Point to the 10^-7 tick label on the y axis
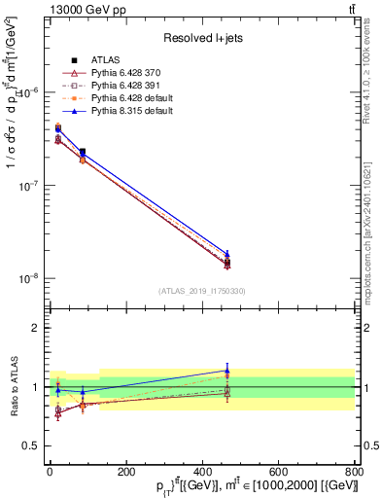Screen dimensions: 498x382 (x=28, y=185)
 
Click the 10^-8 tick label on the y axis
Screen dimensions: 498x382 (x=28, y=278)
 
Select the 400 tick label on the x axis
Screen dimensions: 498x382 (x=201, y=470)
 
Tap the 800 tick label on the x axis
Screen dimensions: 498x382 (x=354, y=470)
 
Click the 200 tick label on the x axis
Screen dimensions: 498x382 (x=125, y=470)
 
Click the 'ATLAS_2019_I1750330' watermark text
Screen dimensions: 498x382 (x=201, y=291)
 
